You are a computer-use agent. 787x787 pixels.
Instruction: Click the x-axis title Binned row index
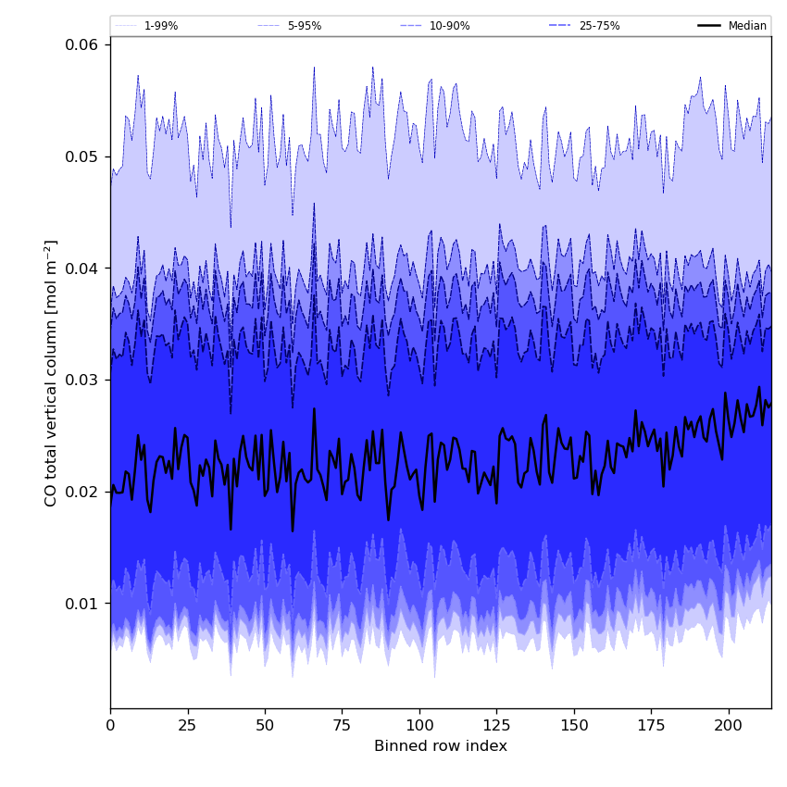point(441,746)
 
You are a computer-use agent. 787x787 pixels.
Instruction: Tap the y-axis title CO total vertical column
point(51,373)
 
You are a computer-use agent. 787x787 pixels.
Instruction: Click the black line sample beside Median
point(710,26)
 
